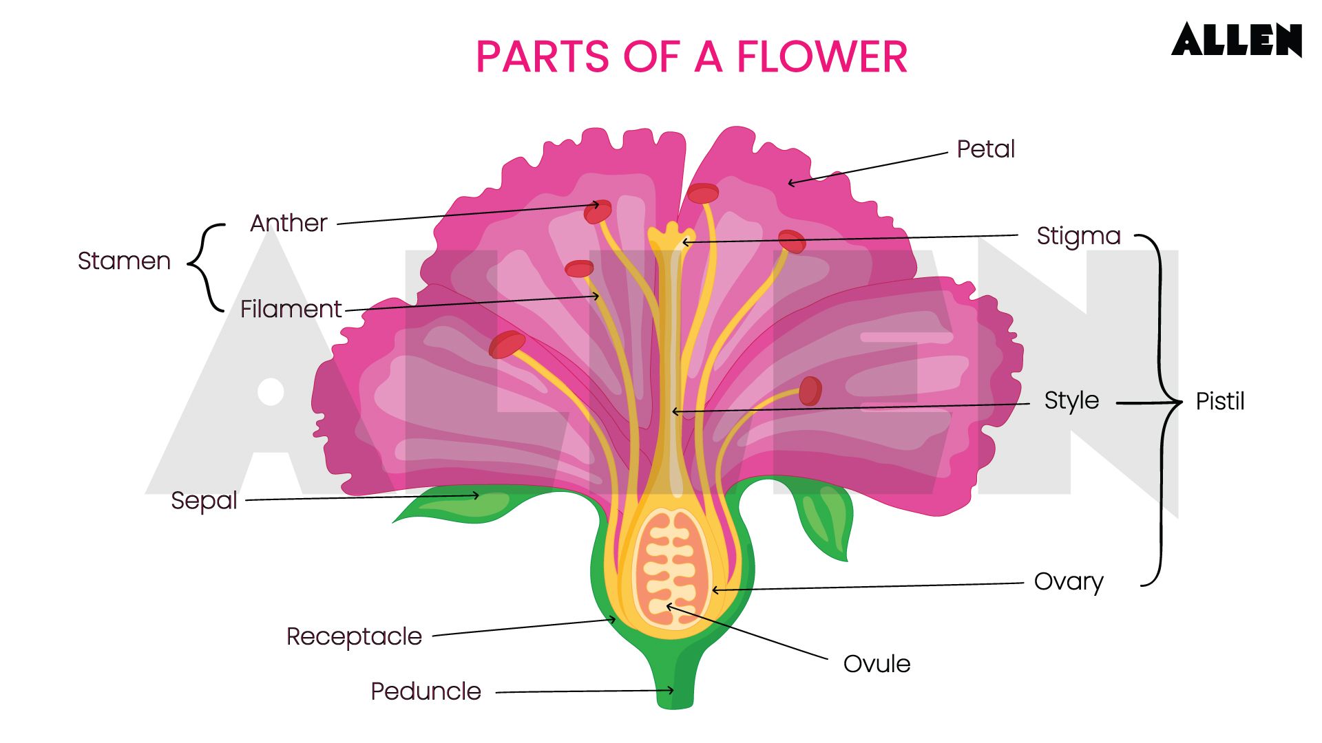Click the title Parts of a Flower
pyautogui.click(x=691, y=56)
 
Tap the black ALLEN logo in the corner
pyautogui.click(x=1237, y=40)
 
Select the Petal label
pyautogui.click(x=985, y=149)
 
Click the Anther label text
pyautogui.click(x=288, y=224)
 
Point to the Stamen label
pyautogui.click(x=124, y=261)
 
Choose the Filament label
pyautogui.click(x=291, y=309)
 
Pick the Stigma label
pyautogui.click(x=1078, y=236)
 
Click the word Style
pyautogui.click(x=1071, y=400)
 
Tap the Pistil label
pyautogui.click(x=1219, y=401)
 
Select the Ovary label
pyautogui.click(x=1068, y=582)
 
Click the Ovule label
pyautogui.click(x=877, y=664)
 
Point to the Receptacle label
pyautogui.click(x=354, y=636)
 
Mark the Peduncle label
pyautogui.click(x=426, y=691)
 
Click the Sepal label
pyautogui.click(x=204, y=500)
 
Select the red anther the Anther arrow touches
pyautogui.click(x=597, y=211)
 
